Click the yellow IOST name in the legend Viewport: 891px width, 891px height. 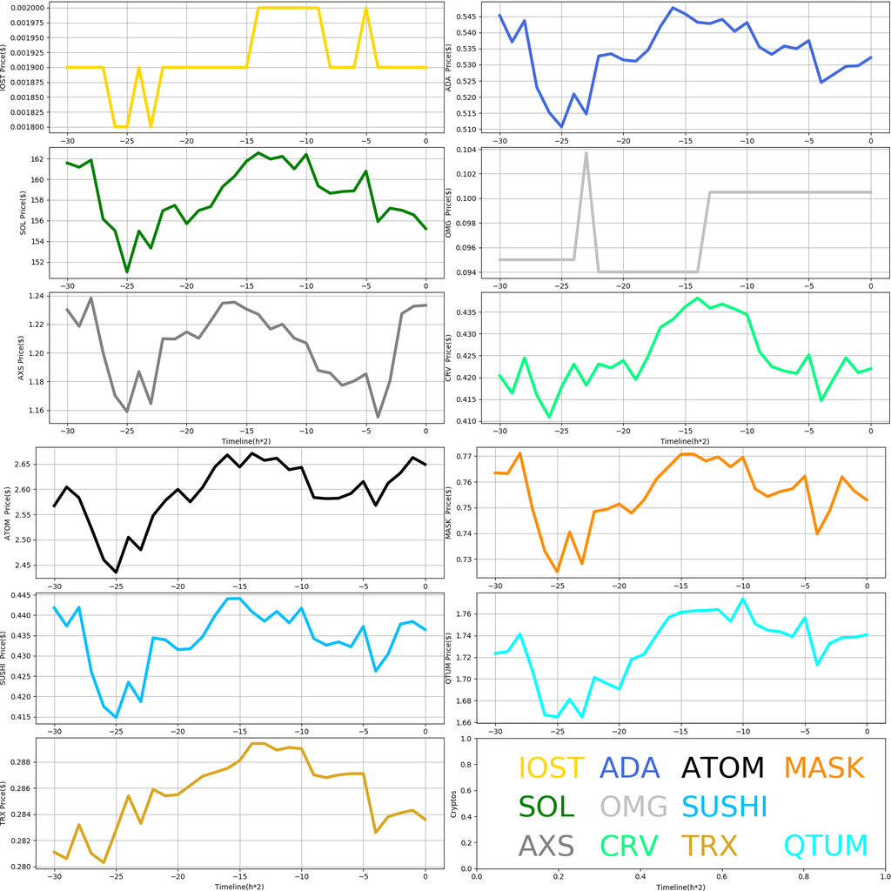(x=551, y=767)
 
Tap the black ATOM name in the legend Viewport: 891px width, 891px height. (x=722, y=767)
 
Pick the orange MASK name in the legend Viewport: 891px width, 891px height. (x=823, y=767)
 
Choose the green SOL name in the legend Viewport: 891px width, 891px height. (x=546, y=807)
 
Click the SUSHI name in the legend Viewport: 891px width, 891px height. (x=724, y=807)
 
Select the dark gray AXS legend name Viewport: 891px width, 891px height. (x=546, y=845)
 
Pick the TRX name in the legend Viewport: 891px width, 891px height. (x=708, y=845)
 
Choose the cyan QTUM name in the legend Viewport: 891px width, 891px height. (x=826, y=845)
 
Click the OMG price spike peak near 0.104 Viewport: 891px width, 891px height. (x=586, y=153)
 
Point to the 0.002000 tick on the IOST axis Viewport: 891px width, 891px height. (x=31, y=8)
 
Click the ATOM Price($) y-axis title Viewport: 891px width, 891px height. (x=9, y=514)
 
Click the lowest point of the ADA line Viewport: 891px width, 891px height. (x=561, y=127)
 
